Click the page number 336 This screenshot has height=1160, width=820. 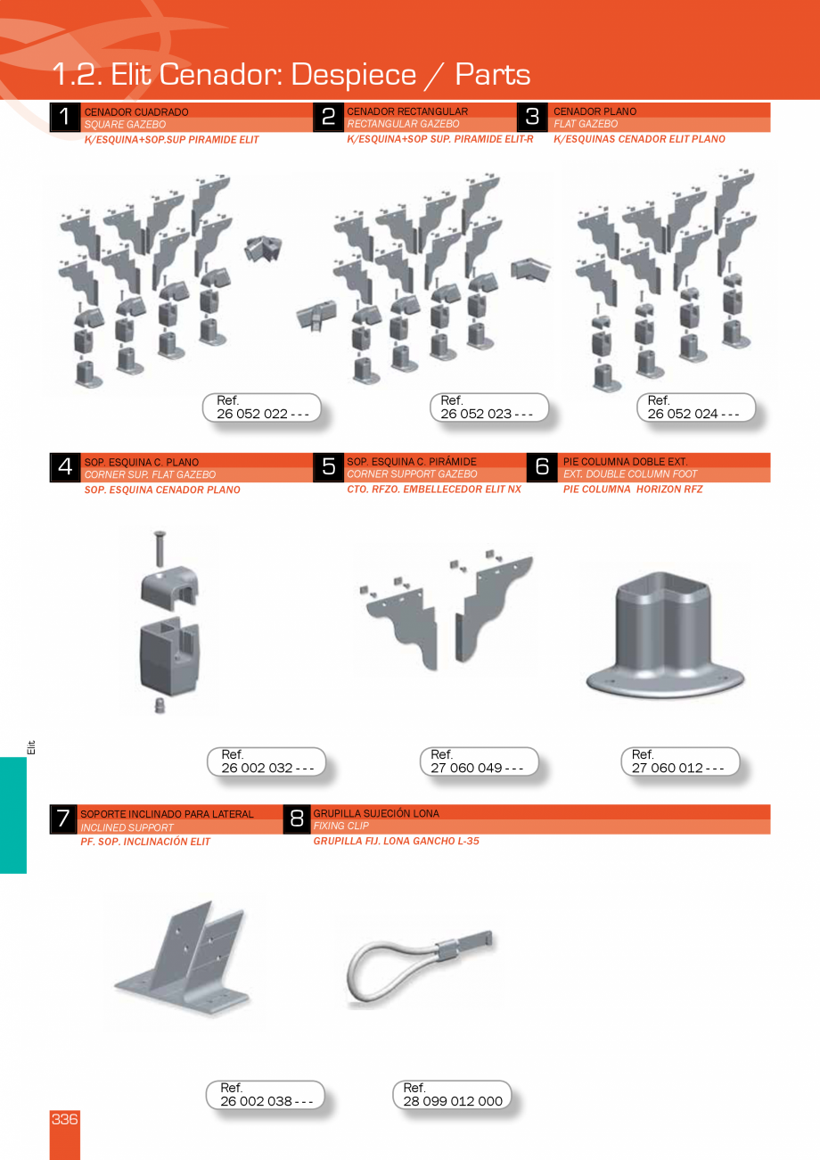(x=65, y=1119)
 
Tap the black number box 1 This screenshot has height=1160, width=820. (x=65, y=117)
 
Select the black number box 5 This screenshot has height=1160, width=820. (x=328, y=467)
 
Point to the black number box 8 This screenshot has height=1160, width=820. (x=297, y=819)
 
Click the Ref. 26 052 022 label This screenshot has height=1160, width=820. (x=262, y=407)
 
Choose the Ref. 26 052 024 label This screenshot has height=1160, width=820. (x=696, y=407)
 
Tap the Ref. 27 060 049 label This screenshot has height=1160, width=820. (x=479, y=761)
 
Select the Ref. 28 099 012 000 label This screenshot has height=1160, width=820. (x=452, y=1094)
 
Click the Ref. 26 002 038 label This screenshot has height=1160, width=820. (x=265, y=1094)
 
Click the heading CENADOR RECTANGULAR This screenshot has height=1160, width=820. (x=407, y=111)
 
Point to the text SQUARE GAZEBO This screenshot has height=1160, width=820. (x=126, y=124)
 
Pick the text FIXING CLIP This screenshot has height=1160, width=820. (x=341, y=826)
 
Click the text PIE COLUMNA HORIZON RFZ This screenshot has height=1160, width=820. (x=633, y=489)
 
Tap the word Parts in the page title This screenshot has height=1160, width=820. (x=493, y=75)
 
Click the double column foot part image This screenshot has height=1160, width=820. (x=665, y=635)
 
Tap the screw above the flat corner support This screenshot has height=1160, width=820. (x=160, y=549)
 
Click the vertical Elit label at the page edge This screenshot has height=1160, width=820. (x=31, y=747)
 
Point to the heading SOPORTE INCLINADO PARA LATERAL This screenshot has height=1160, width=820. (x=167, y=814)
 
